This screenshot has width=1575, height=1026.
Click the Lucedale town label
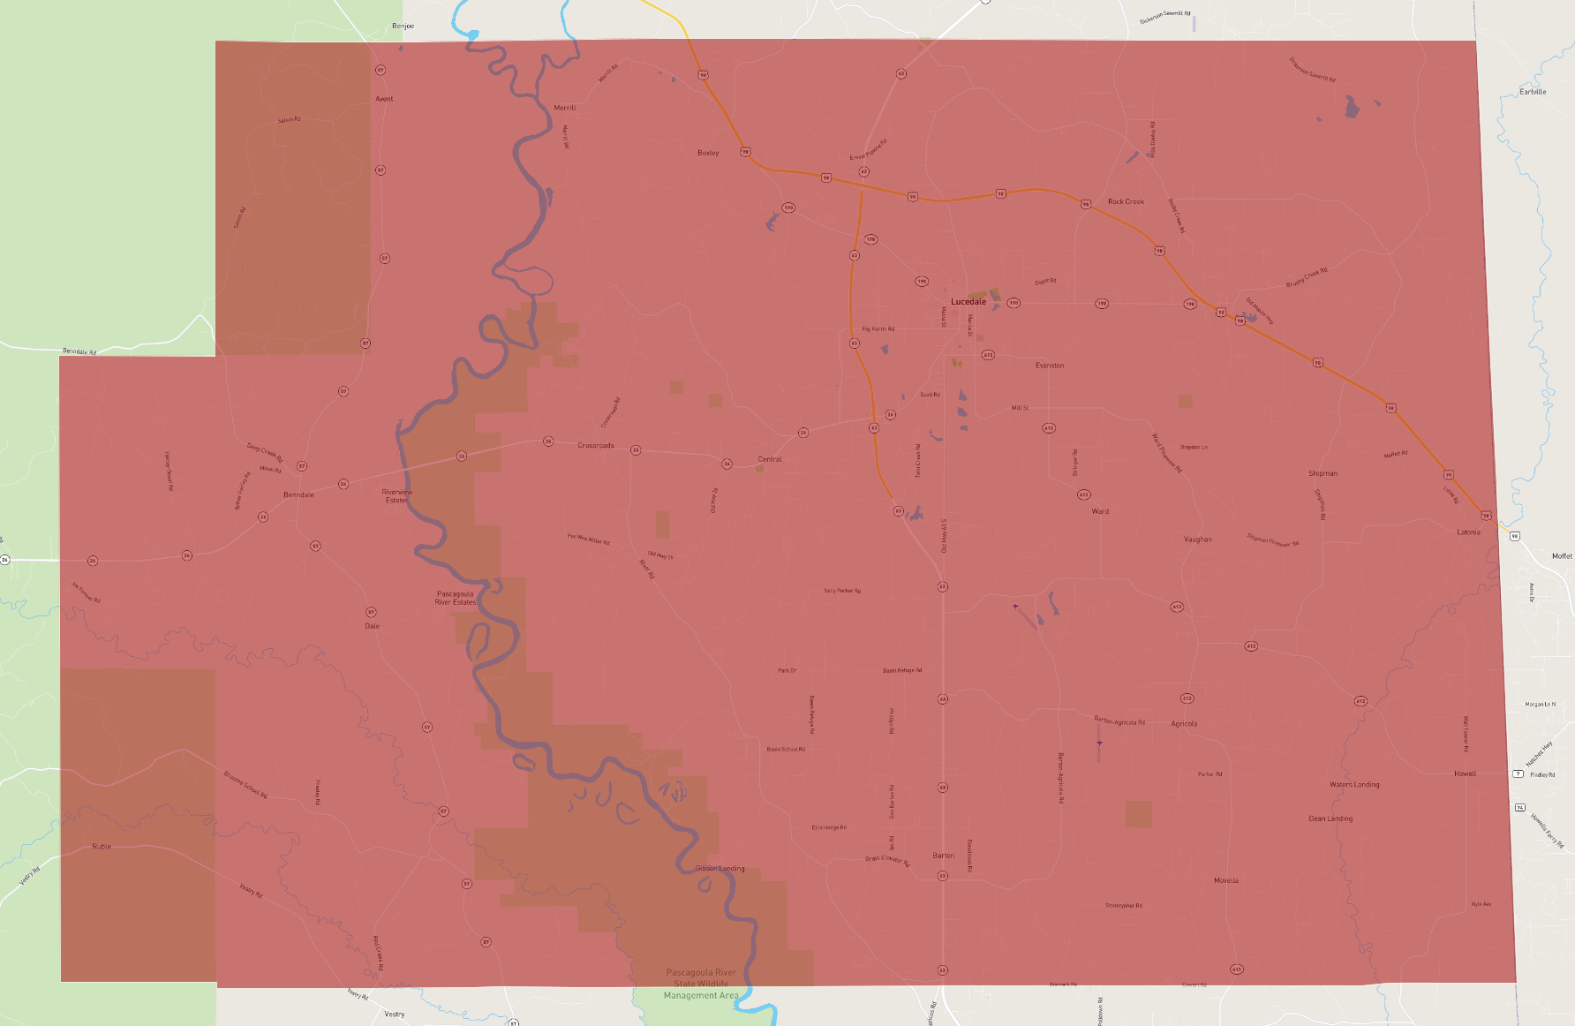point(968,302)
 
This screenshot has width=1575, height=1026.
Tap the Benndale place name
point(298,494)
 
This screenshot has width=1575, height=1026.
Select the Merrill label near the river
point(564,108)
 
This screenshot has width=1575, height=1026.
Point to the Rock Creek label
point(1126,202)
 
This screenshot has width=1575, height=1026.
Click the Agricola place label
point(1184,724)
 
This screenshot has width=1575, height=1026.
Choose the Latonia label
point(1468,532)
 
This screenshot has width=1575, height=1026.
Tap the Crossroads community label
point(596,446)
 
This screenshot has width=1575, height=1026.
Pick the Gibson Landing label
point(720,869)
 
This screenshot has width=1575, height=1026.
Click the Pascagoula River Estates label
point(455,599)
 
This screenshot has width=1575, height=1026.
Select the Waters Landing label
point(1354,785)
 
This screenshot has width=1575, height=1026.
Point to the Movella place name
point(1225,881)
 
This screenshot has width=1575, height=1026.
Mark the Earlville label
point(1533,93)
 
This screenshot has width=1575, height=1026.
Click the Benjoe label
point(403,26)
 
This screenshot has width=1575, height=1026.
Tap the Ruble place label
point(102,847)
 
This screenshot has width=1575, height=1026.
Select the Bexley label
point(708,154)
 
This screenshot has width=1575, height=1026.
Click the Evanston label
point(1049,366)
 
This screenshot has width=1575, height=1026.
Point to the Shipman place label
point(1323,474)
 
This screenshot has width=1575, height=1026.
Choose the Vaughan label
point(1197,539)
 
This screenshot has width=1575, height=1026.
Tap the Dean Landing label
point(1330,819)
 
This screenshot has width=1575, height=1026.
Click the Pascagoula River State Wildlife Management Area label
point(701,984)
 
